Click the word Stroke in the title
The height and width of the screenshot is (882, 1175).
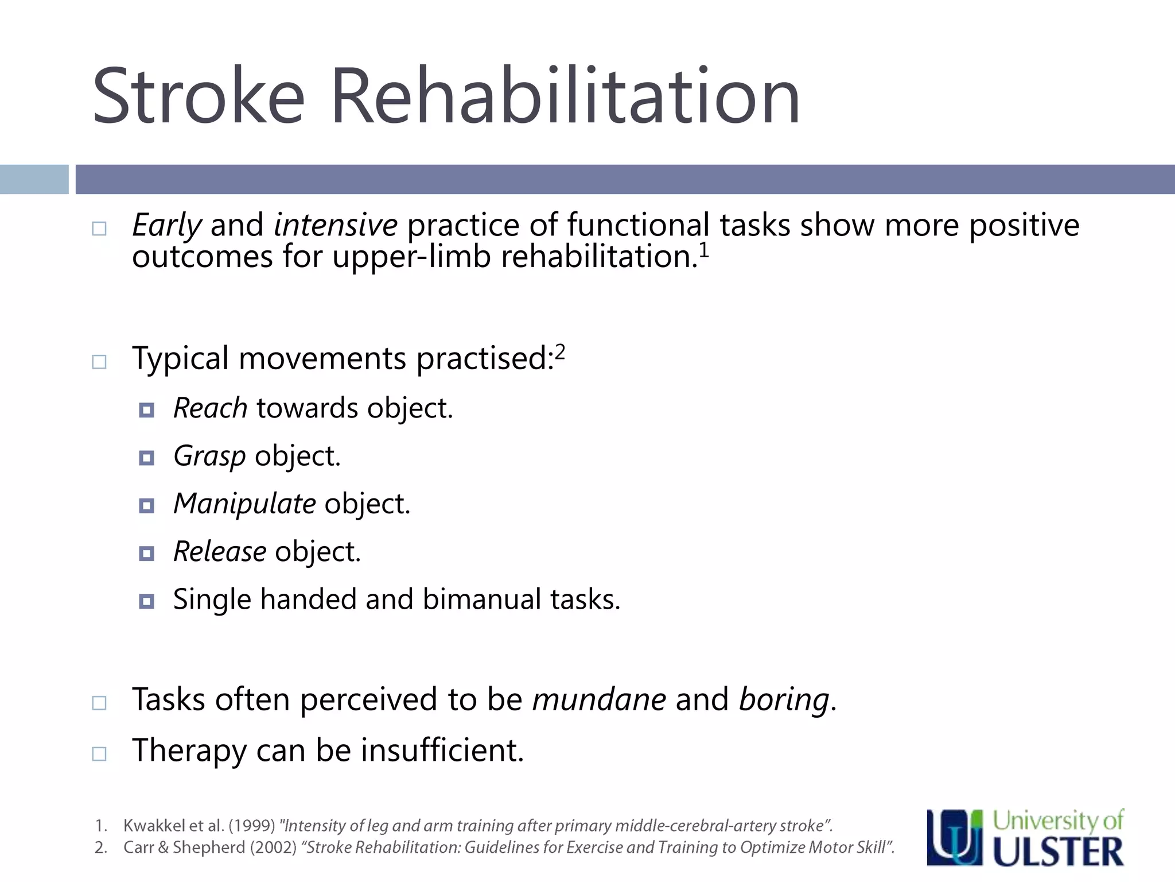coord(198,96)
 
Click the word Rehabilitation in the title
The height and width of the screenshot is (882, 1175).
coord(565,96)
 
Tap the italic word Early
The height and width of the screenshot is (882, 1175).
coord(166,226)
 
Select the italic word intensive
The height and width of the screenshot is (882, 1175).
coord(336,225)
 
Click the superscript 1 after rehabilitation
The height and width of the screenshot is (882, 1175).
coord(704,251)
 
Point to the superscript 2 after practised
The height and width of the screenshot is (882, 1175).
coord(560,351)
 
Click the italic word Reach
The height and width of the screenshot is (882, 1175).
coord(211,408)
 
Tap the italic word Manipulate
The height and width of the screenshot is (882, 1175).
coord(244,504)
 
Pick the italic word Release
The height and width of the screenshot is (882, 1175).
coord(220,552)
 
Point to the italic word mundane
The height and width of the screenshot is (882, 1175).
coord(599,699)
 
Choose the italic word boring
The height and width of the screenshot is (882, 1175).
coord(784,701)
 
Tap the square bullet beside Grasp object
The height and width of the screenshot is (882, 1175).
coord(147,458)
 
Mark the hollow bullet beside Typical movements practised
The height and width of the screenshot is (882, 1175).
coord(99,362)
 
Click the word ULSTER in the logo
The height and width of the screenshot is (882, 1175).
coord(1058,852)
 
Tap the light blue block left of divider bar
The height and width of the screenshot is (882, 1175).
coord(34,179)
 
